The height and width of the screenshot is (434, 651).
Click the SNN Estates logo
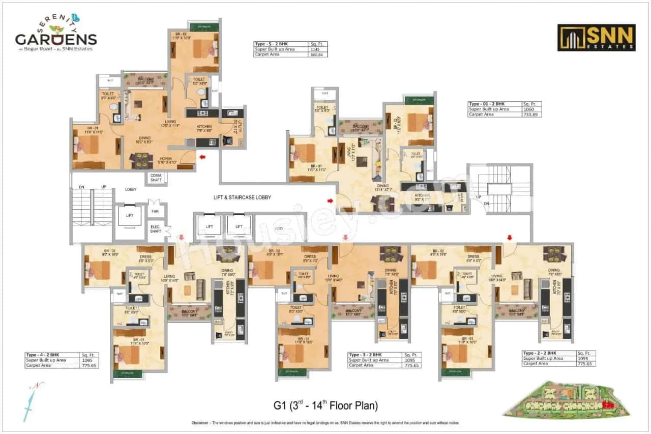pos(596,37)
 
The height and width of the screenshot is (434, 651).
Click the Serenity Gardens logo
pos(55,33)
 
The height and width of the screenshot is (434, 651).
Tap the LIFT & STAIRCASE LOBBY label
pos(242,197)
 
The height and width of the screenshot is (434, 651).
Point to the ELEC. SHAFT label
pos(155,228)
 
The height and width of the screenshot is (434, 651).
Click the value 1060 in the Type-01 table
pos(528,109)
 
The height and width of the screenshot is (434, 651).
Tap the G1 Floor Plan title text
pos(325,406)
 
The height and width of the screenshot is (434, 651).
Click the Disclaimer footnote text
pos(325,423)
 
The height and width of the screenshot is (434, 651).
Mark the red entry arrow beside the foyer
pos(202,157)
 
